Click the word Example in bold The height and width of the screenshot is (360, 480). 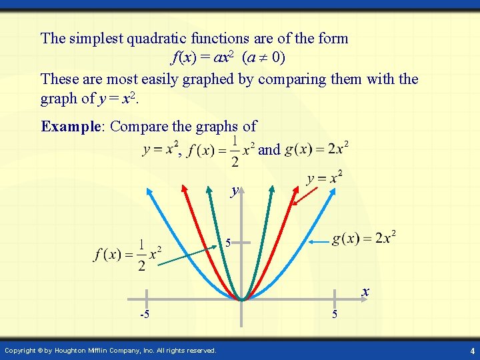71,126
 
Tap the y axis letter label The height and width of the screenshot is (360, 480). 234,191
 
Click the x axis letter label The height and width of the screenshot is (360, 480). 365,291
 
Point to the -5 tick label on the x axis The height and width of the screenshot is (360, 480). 143,314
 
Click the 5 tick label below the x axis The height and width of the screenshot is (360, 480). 335,314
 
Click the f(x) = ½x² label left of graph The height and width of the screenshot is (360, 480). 129,255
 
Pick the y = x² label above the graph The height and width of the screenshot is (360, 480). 325,178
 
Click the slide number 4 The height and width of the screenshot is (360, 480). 472,351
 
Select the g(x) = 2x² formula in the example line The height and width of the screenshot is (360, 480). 316,149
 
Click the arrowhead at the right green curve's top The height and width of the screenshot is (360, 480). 271,189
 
